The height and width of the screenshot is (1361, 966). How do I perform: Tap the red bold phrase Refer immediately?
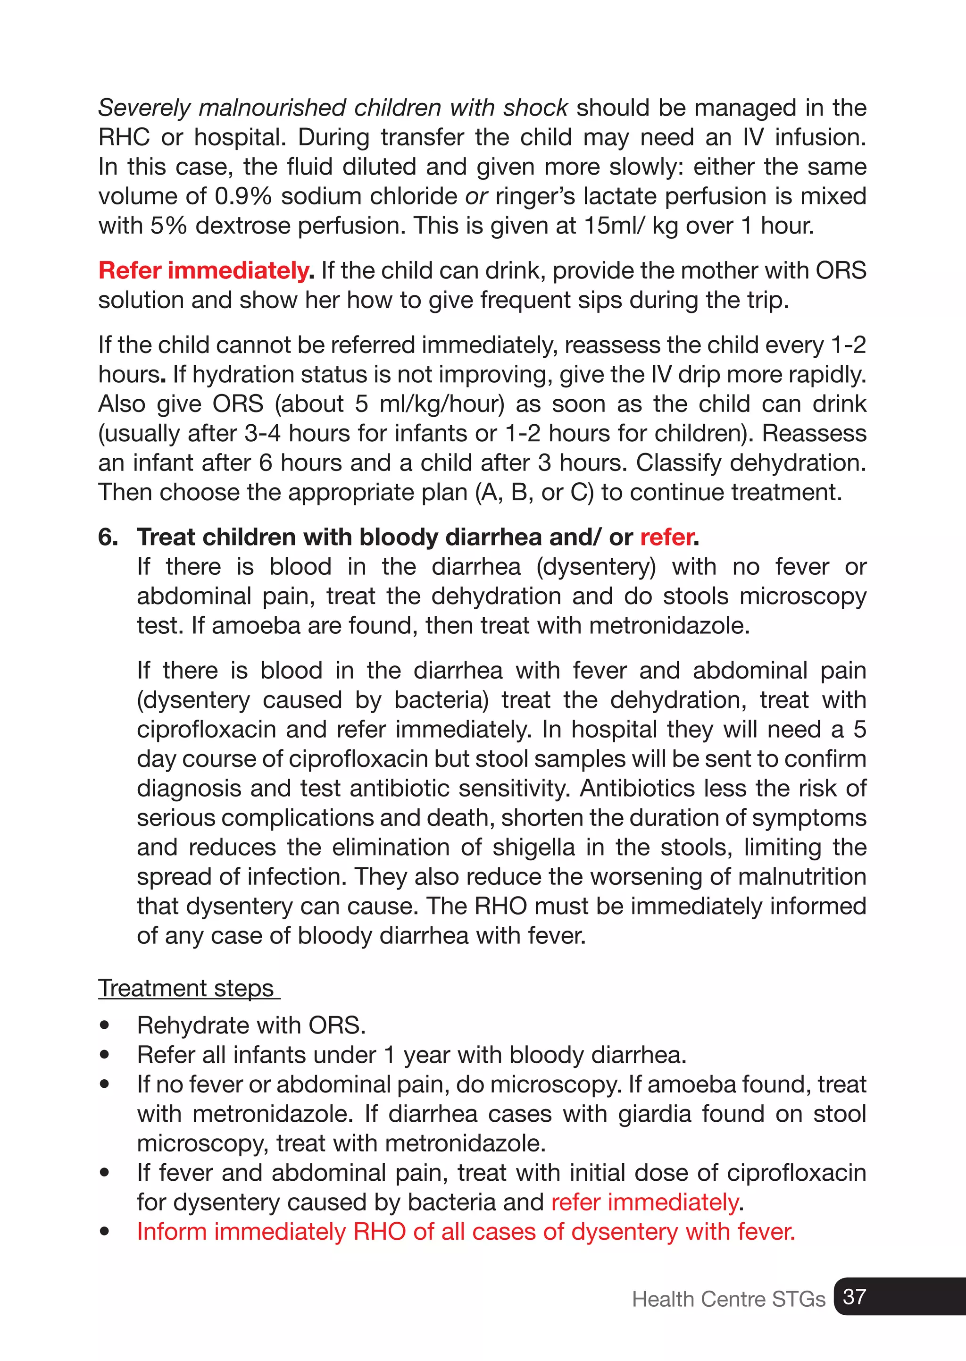(x=205, y=271)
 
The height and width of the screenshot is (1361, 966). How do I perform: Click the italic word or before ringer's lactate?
(x=476, y=196)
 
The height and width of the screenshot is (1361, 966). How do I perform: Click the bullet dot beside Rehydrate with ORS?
(x=105, y=1025)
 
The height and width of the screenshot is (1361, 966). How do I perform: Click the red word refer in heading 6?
(x=666, y=538)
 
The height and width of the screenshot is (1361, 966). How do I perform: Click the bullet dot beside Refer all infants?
(x=105, y=1055)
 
